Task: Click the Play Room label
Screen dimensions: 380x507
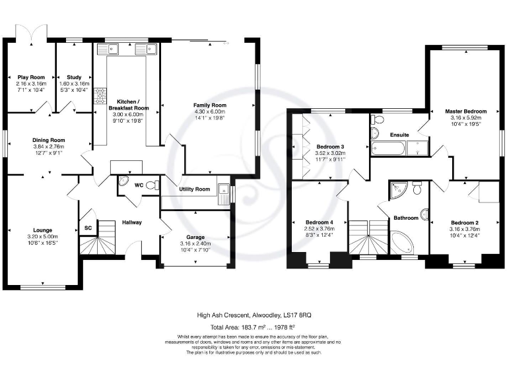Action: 31,77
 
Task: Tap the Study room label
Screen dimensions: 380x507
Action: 74,77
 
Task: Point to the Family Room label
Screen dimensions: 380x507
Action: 209,106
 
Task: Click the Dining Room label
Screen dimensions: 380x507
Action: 49,140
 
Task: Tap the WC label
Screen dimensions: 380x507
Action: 139,185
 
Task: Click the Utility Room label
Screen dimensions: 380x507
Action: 194,189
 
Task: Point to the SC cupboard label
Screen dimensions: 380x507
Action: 87,228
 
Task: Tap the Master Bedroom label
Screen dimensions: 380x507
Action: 465,111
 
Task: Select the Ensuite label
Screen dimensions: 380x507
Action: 399,135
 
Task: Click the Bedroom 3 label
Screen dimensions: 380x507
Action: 330,146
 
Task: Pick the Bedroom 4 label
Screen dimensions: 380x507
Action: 320,222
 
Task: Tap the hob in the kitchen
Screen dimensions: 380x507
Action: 101,96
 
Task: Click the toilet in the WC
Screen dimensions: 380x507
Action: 151,185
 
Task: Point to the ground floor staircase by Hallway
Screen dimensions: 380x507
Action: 94,245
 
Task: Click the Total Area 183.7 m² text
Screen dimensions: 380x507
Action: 253,327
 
